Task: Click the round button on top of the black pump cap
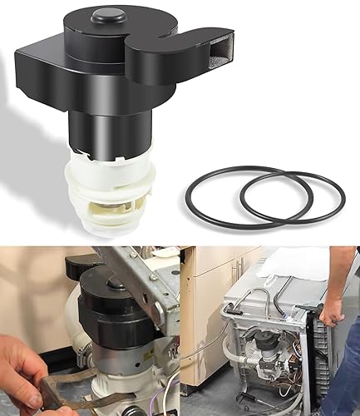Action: click(110, 15)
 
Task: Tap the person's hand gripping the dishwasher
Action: click(333, 311)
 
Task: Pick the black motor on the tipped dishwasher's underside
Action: click(267, 342)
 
